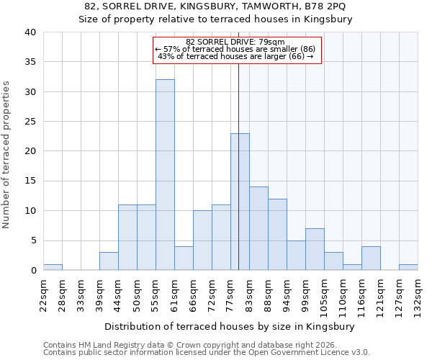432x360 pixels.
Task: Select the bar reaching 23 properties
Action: coord(240,202)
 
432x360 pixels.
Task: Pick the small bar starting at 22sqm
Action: coord(53,267)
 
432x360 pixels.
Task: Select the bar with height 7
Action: coord(315,249)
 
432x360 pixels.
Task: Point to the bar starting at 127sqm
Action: coord(408,267)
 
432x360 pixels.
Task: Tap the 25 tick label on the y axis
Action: coord(30,122)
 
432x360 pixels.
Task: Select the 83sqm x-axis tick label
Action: coord(249,292)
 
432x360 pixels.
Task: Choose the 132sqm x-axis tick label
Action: coord(418,294)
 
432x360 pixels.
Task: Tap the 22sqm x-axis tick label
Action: coord(43,292)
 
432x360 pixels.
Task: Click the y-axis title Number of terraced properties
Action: coord(6,154)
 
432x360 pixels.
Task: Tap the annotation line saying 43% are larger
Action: coord(235,56)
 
